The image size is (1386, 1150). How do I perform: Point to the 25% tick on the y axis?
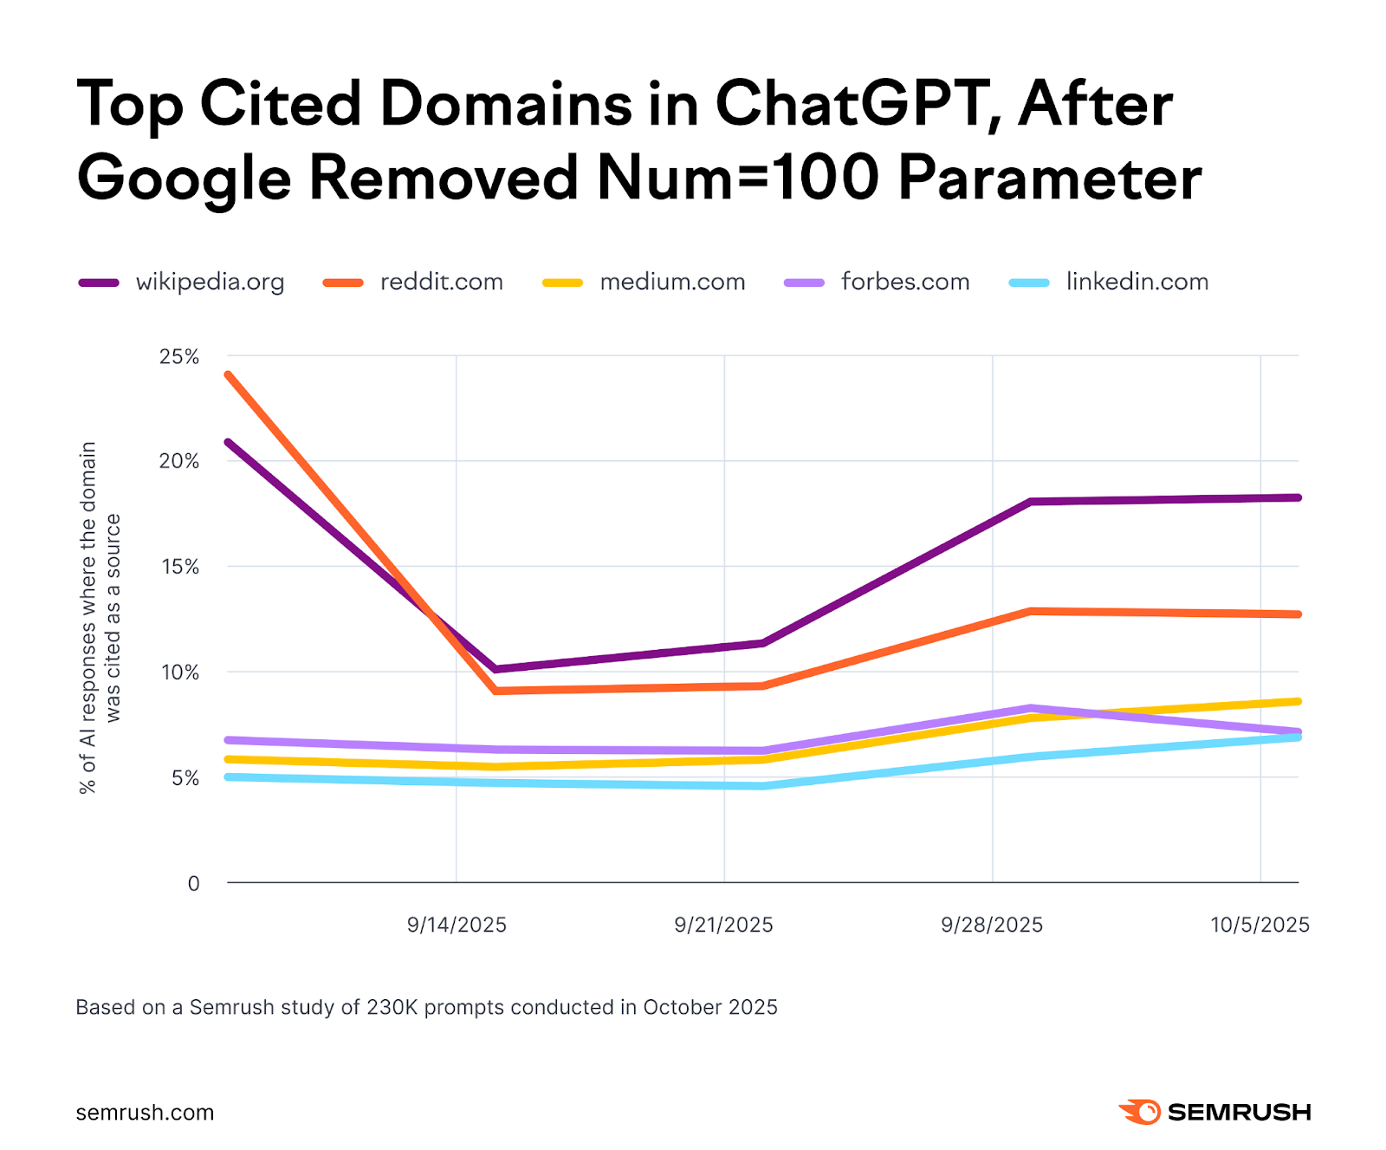pyautogui.click(x=179, y=357)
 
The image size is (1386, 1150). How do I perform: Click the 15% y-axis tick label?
pyautogui.click(x=179, y=567)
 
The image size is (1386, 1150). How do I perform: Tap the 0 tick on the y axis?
pyautogui.click(x=193, y=883)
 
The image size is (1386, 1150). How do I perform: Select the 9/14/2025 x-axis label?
pyautogui.click(x=457, y=925)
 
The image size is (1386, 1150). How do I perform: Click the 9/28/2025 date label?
pyautogui.click(x=992, y=925)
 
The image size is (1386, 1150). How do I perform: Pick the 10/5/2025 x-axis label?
pyautogui.click(x=1260, y=925)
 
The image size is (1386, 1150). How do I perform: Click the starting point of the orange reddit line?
pyautogui.click(x=228, y=374)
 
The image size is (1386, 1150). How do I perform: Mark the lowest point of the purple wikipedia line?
pyautogui.click(x=495, y=669)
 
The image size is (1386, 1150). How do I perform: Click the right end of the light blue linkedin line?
pyautogui.click(x=1298, y=737)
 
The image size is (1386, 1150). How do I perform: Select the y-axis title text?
pyautogui.click(x=100, y=617)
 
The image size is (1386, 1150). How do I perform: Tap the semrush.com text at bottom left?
pyautogui.click(x=145, y=1113)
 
